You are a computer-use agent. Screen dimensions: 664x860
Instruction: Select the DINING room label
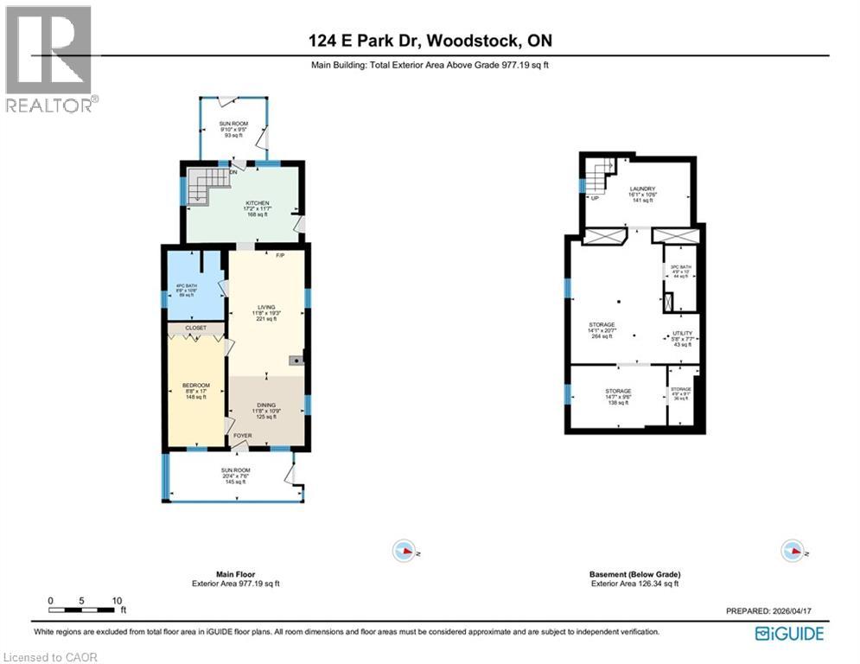click(x=264, y=405)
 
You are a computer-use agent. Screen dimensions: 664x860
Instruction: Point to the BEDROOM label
click(x=196, y=385)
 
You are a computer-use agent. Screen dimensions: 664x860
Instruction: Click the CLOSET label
click(x=196, y=329)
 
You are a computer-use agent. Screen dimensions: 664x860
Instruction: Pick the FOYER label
click(x=243, y=436)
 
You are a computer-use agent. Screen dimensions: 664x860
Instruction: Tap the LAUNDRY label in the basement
click(x=642, y=189)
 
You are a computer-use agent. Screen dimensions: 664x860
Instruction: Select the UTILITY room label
click(x=683, y=334)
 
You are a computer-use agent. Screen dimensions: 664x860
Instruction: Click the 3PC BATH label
click(x=681, y=267)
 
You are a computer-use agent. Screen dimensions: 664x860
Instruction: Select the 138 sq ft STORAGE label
click(x=618, y=392)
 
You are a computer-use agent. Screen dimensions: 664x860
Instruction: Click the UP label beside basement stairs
click(x=596, y=198)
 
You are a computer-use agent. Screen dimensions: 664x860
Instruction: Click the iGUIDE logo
click(x=789, y=634)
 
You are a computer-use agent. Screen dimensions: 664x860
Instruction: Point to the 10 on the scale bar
click(x=118, y=600)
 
